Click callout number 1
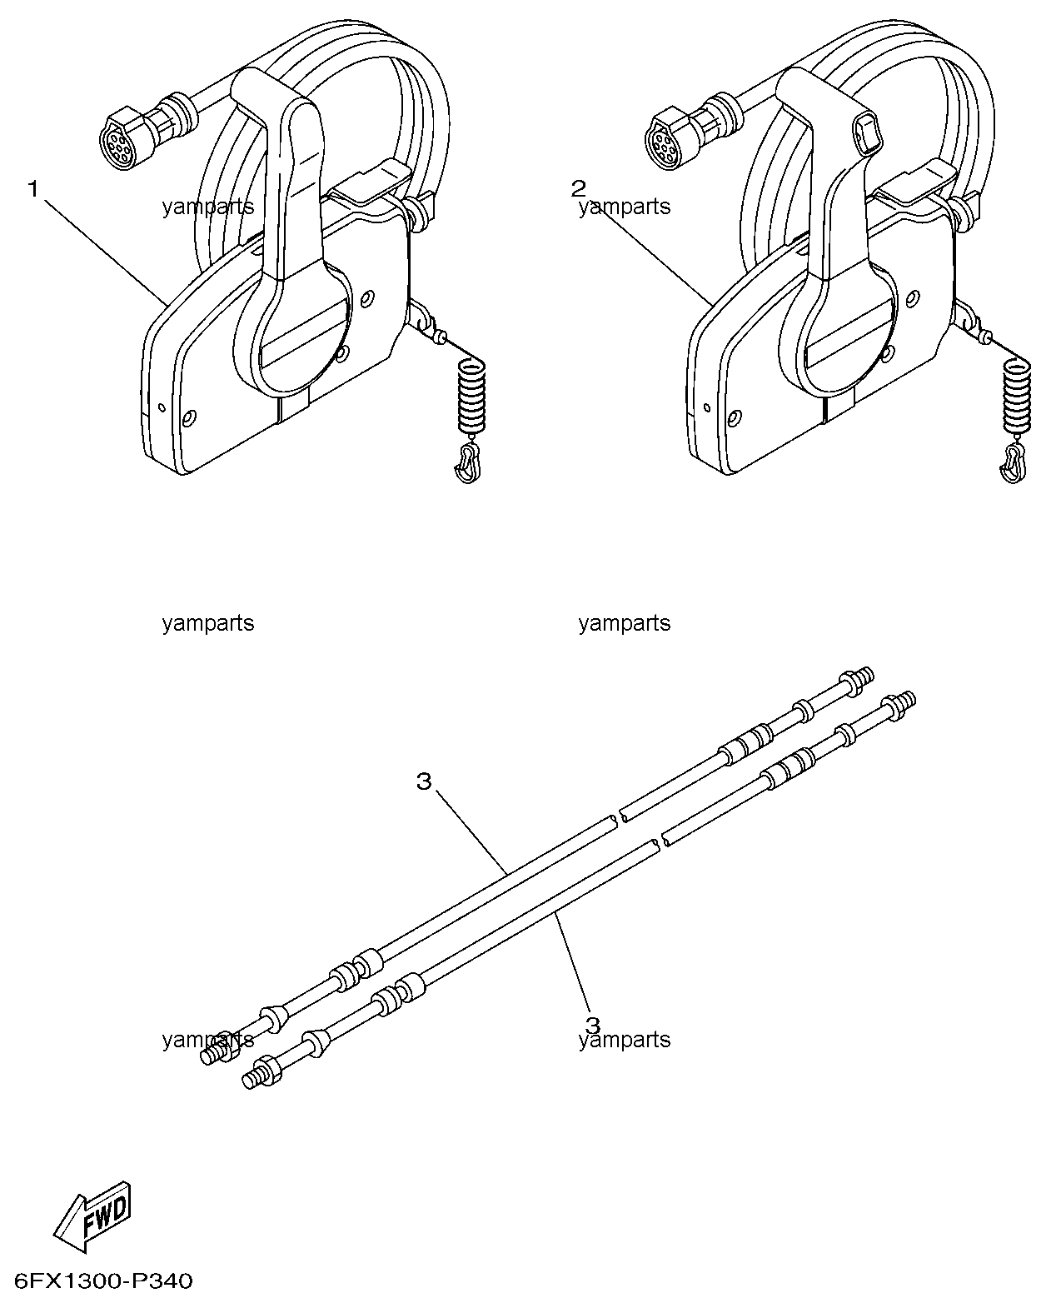point(33,190)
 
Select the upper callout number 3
point(424,781)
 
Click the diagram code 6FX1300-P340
point(103,1280)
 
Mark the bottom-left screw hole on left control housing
point(189,417)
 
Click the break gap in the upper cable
point(617,817)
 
